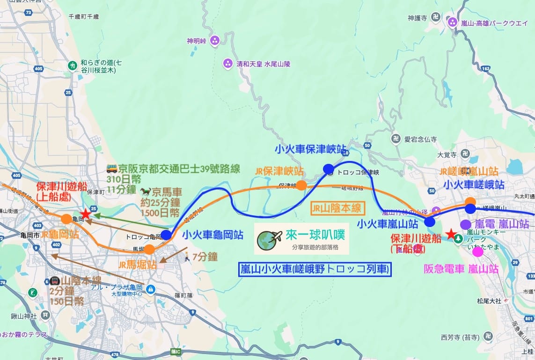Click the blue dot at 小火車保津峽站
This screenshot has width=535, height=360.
328,169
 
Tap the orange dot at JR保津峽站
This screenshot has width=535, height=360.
301,185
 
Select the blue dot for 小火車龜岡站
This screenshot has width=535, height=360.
166,235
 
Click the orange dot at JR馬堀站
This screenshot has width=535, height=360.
149,249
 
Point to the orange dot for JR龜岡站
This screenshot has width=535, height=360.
66,219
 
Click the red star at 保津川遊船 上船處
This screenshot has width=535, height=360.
85,214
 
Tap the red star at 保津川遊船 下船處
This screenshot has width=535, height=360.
450,234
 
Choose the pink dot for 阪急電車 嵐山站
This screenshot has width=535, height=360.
477,252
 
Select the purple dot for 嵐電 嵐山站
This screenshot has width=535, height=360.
465,224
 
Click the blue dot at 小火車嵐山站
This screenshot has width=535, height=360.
429,222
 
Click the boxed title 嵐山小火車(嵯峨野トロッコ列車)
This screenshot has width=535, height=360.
315,269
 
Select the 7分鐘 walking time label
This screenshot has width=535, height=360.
205,256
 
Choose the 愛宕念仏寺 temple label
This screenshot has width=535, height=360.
420,139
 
